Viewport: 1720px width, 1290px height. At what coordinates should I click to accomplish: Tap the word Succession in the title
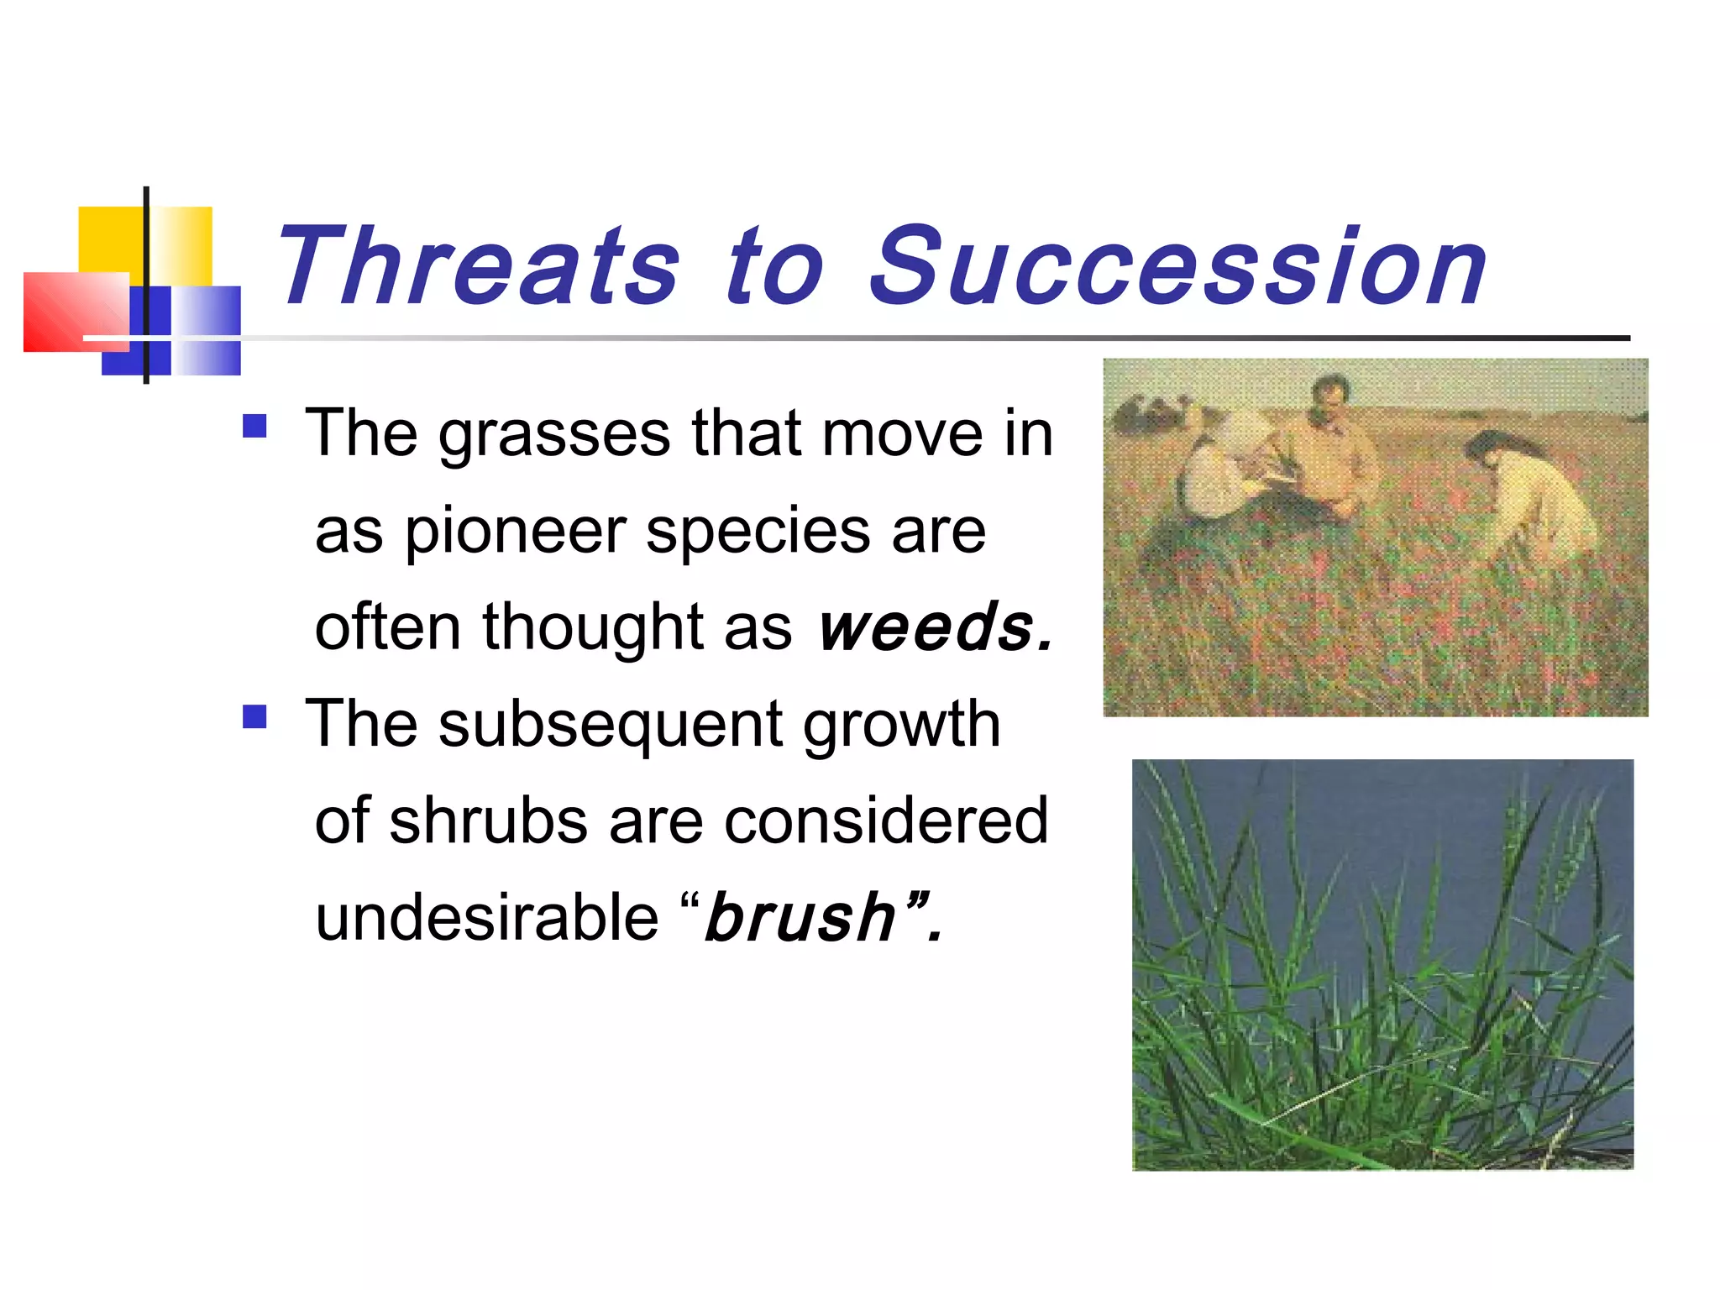[1176, 267]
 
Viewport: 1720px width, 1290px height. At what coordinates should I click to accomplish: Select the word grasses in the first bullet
[554, 435]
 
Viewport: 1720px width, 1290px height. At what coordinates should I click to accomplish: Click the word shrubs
[488, 821]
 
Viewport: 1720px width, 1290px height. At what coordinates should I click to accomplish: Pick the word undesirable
[487, 917]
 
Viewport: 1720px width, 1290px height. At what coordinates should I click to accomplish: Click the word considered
[886, 821]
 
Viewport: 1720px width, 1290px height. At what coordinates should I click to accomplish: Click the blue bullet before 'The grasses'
[254, 427]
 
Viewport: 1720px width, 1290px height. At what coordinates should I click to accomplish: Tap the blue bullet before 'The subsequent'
[254, 716]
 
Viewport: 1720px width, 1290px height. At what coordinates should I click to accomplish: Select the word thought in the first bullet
[593, 627]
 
